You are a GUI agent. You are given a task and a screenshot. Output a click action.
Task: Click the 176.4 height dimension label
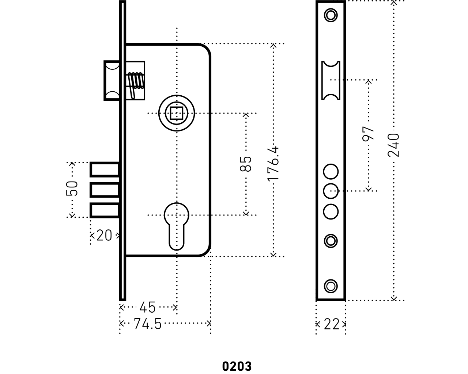pos(273,163)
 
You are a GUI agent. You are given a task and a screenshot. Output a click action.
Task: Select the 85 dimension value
pos(246,164)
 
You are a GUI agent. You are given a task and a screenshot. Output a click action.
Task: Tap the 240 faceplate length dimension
pos(393,145)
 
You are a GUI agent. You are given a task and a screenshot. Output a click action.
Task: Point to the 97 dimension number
pos(369,133)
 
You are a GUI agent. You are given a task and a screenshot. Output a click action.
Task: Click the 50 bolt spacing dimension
pos(72,188)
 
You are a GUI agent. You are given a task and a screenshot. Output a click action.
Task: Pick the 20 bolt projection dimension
pos(104,236)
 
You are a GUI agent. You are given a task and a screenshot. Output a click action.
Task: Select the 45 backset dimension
pos(148,308)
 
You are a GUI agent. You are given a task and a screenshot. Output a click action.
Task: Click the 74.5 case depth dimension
pos(147,324)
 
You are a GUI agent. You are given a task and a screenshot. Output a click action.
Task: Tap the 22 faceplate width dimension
pos(331,324)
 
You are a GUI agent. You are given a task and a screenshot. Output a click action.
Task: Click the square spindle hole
pos(177,113)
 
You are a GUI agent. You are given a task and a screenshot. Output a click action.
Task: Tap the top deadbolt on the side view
pos(105,170)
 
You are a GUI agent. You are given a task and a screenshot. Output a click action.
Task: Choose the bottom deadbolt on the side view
pos(105,211)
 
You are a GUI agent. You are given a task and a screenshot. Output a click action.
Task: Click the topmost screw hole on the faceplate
pos(331,15)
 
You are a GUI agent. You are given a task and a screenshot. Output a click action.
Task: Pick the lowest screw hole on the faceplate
pos(331,286)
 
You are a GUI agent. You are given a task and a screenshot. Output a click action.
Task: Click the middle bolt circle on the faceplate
pos(331,191)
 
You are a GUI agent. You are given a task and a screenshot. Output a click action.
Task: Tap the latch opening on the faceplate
pos(331,80)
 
